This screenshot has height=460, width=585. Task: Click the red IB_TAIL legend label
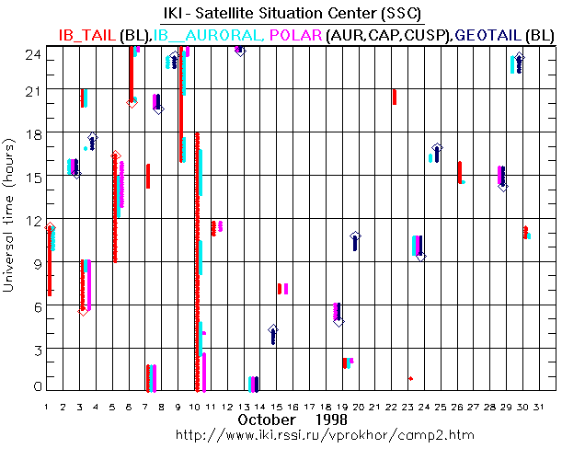87,35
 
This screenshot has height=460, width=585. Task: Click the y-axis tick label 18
30,133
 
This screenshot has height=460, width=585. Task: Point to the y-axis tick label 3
34,349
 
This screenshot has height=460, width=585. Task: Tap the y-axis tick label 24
30,53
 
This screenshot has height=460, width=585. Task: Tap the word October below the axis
266,420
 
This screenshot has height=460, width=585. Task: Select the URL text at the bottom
292,433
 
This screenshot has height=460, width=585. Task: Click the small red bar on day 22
395,97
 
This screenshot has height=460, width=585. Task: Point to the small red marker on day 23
410,378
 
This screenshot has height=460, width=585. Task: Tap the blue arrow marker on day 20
355,241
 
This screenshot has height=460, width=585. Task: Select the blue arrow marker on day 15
272,334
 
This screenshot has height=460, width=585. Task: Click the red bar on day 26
459,172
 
